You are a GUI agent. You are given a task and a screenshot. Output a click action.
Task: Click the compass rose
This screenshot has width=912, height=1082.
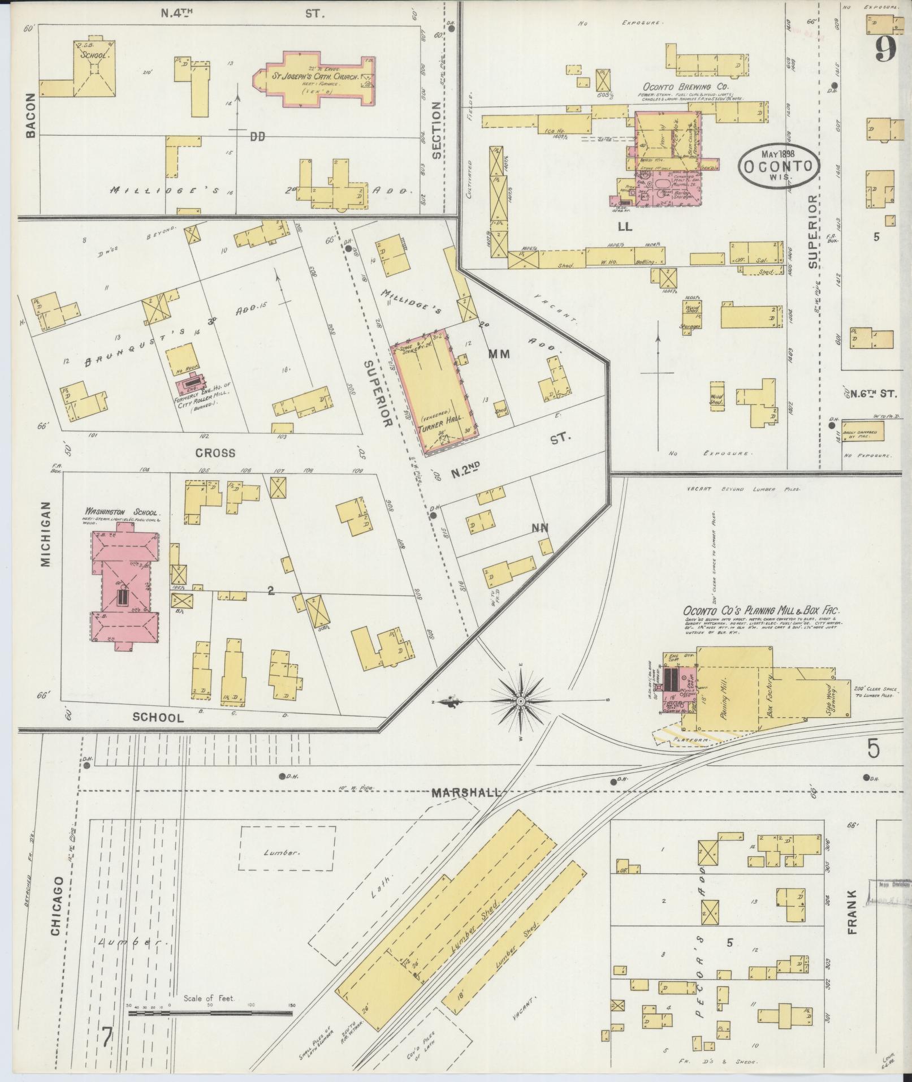point(520,701)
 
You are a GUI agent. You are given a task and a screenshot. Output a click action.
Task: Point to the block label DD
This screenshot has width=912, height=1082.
point(258,136)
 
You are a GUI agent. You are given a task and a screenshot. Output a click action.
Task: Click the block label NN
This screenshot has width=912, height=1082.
point(539,529)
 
